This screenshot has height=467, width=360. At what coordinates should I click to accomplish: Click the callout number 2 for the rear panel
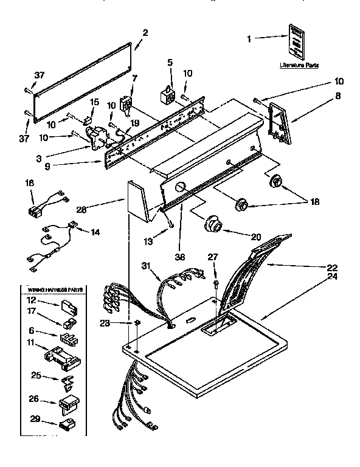click(145, 33)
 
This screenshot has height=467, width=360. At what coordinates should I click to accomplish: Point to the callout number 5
click(170, 62)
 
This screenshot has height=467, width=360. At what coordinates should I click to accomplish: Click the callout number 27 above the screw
click(212, 257)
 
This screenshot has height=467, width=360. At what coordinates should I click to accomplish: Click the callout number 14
click(95, 232)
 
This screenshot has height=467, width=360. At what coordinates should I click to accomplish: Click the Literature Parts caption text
click(299, 64)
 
